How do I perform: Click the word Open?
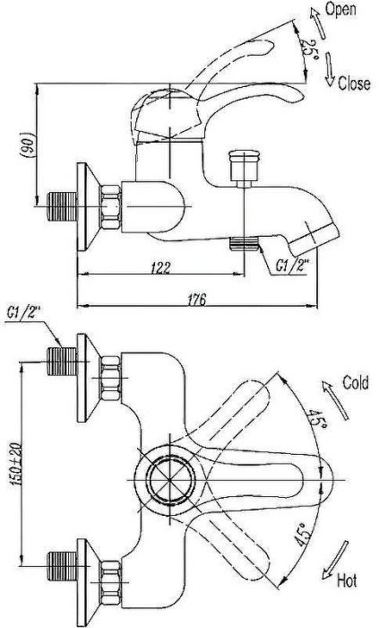(x=340, y=9)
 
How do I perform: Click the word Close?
(x=354, y=83)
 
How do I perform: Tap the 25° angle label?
(x=308, y=50)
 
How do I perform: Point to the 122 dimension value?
(x=160, y=267)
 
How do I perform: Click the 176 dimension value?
(x=197, y=300)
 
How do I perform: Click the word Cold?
(x=356, y=382)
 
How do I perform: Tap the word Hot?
(x=347, y=580)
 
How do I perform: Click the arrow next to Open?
(x=317, y=22)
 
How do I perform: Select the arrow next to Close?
(x=329, y=69)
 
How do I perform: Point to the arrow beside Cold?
(x=335, y=400)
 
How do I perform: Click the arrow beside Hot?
(x=334, y=560)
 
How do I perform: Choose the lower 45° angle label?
(x=303, y=535)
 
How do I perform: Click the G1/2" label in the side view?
(x=293, y=266)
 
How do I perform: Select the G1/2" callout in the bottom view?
(x=24, y=313)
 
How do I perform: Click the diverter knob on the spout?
(x=244, y=169)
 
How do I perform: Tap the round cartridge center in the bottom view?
(x=171, y=479)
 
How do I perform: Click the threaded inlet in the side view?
(x=62, y=206)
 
